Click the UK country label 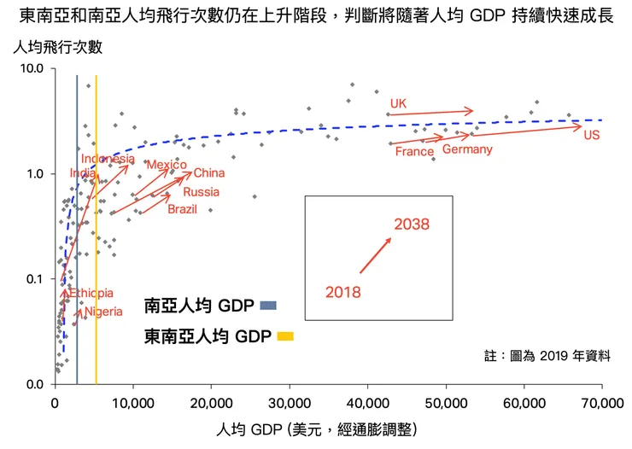coord(398,104)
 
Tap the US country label coord(591,136)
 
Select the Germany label coord(467,149)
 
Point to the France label coord(414,152)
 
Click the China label coord(209,174)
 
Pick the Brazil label coord(183,209)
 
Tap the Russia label coord(202,192)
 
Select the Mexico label coord(166,165)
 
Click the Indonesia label coord(108,159)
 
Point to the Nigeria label coord(103,312)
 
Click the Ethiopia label coord(91,293)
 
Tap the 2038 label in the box coord(411,224)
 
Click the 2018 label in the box coord(343,292)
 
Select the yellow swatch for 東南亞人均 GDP coord(285,336)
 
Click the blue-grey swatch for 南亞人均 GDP coord(268,305)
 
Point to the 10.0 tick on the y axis coord(32,68)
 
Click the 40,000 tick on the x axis coord(367,400)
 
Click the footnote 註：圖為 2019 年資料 coord(547,356)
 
